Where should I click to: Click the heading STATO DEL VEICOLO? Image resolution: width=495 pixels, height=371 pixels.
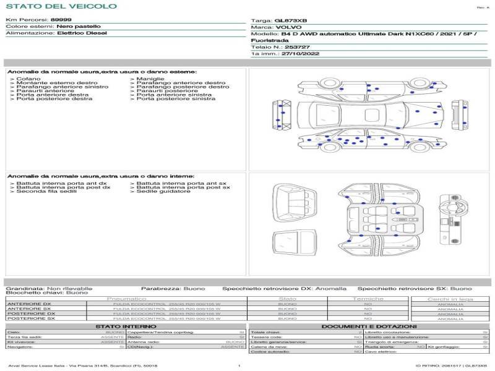pos(61,6)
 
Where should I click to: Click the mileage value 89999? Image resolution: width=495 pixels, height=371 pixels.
pos(61,20)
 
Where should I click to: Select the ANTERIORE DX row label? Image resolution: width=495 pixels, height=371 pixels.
pos(29,304)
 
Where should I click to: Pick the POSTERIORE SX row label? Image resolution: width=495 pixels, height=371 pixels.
pos(30,319)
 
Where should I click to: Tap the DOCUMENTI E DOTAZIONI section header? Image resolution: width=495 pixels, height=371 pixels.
pos(369,326)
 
